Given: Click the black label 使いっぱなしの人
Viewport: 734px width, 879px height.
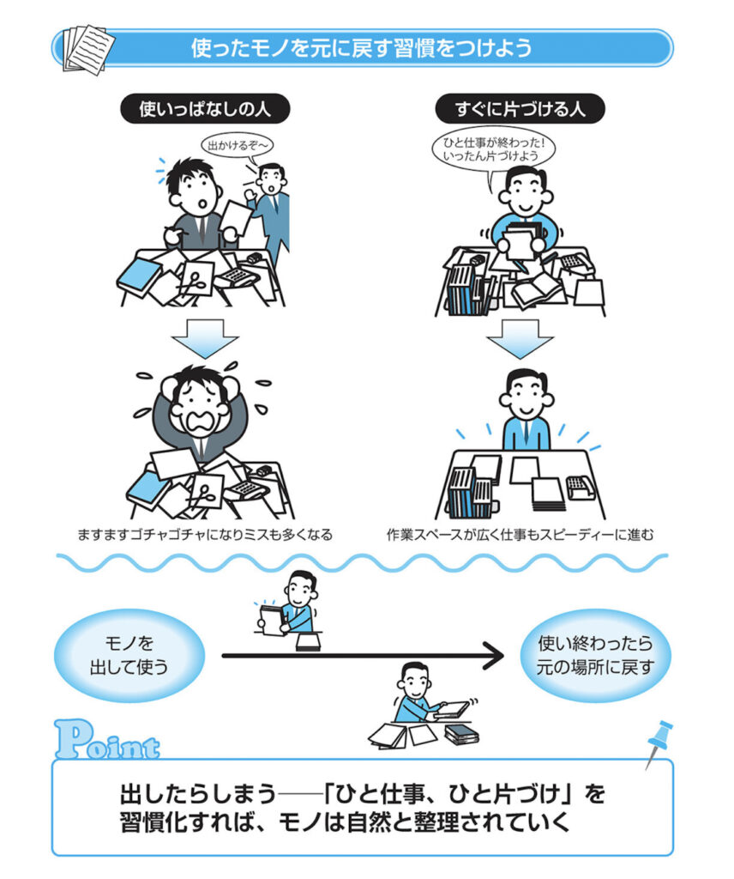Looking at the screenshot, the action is [x=205, y=109].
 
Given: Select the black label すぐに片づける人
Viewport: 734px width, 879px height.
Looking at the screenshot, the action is [x=520, y=109].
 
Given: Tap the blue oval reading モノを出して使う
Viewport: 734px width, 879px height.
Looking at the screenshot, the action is [x=129, y=655].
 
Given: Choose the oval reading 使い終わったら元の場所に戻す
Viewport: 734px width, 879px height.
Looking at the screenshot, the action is [x=595, y=655].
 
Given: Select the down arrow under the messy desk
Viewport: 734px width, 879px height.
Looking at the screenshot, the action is [x=205, y=338].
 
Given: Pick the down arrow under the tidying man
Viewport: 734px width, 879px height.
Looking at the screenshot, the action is [x=520, y=338].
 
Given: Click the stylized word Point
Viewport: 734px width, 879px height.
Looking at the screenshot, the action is [x=106, y=741].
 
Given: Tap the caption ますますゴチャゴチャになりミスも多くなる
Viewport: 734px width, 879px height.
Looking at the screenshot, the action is [x=205, y=535].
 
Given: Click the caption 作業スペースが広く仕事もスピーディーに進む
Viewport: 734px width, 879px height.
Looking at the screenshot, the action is [x=520, y=535].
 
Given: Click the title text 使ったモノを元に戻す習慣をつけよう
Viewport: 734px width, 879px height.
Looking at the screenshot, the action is [x=362, y=48].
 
